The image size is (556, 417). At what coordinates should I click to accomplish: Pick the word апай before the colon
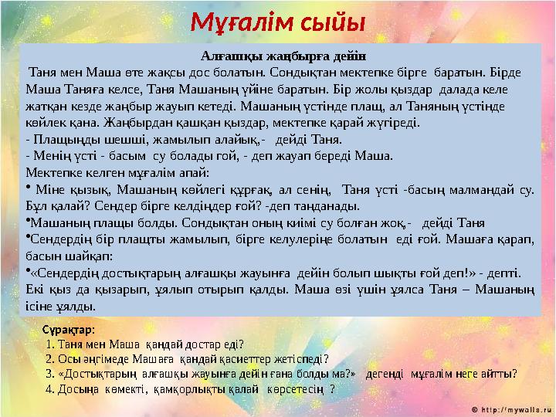pos(191,173)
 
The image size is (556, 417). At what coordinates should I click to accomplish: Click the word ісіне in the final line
pos(39,307)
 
